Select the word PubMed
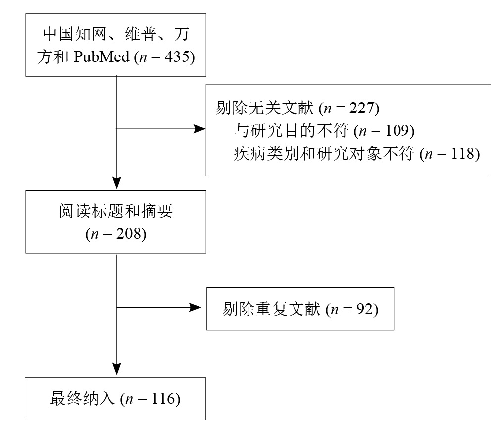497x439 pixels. point(102,57)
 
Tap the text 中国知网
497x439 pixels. point(74,34)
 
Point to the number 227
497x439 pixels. point(362,108)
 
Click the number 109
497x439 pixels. point(397,130)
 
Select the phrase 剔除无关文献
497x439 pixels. point(265,108)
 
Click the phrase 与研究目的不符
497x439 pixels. point(291,131)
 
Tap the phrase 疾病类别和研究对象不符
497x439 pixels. point(324,154)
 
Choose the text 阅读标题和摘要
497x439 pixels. point(116,211)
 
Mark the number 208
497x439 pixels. point(128,234)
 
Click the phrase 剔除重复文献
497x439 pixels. point(272,309)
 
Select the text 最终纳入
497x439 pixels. point(82,399)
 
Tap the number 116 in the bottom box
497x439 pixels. point(163,399)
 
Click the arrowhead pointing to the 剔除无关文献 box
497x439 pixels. point(199,129)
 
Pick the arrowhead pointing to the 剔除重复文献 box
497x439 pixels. point(195,307)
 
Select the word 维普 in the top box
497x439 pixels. point(141,34)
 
